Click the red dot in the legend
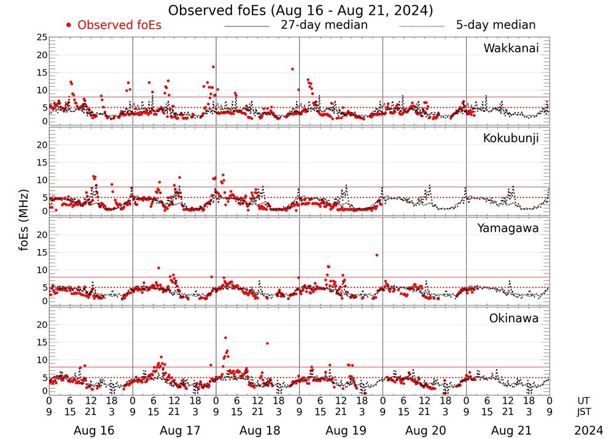click(x=69, y=25)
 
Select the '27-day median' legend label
click(x=324, y=25)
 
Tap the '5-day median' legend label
click(x=495, y=25)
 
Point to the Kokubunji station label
click(x=511, y=138)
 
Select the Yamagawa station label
click(x=508, y=228)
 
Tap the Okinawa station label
click(x=513, y=318)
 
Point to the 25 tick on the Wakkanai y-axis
click(x=42, y=38)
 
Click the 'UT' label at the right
click(x=583, y=401)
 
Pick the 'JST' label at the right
click(x=583, y=411)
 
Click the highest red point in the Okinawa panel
click(x=225, y=338)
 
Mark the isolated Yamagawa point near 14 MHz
click(x=376, y=255)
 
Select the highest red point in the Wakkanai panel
click(x=213, y=66)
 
